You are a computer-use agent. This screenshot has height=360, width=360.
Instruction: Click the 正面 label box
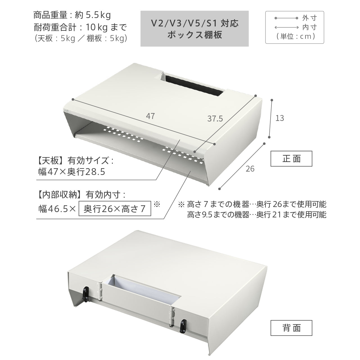coord(291,159)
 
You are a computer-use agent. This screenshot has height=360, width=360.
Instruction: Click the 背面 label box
coord(291,328)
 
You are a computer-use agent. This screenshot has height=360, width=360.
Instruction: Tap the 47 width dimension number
coord(150,116)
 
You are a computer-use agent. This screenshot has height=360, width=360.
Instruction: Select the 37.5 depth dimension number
coord(215,119)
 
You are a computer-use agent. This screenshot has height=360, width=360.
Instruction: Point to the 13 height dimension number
coord(280,118)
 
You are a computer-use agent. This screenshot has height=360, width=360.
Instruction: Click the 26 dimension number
coord(250,169)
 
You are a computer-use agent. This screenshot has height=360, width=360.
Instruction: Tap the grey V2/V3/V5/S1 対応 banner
coord(194,29)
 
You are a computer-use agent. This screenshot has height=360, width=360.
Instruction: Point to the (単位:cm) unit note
coord(296,36)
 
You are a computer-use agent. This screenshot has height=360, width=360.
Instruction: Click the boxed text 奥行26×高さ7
coord(115,208)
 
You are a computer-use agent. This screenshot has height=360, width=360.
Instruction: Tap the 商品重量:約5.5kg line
coord(72,15)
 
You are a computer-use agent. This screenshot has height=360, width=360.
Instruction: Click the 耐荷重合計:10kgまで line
coord(80,28)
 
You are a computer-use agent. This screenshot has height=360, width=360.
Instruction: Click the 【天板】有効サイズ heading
coord(76,161)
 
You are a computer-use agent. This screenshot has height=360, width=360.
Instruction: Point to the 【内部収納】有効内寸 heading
coord(82,195)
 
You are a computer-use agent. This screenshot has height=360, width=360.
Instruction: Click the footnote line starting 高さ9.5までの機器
coord(257,215)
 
